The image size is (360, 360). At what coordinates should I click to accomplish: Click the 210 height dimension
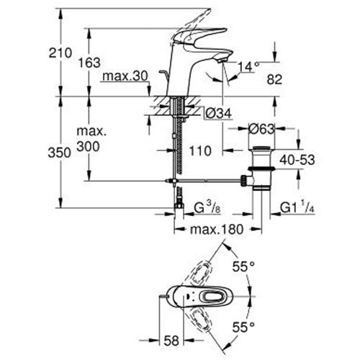point(60,53)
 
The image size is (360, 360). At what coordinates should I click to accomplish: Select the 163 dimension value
point(89,63)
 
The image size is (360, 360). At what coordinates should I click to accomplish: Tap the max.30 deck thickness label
point(125,76)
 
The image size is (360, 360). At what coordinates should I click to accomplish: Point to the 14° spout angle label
point(248,66)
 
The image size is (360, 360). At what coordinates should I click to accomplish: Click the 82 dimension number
point(274,79)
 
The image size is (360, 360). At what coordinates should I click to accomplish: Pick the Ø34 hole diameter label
point(219,113)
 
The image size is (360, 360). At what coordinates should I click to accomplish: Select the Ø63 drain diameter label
point(261,129)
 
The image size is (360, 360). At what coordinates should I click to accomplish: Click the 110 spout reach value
point(200,151)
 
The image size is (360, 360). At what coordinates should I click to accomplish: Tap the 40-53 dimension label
point(297,160)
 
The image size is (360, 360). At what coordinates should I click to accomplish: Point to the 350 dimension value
point(59,153)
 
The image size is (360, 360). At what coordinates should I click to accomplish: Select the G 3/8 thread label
point(207,208)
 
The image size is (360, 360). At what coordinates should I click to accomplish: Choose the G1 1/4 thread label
point(297,207)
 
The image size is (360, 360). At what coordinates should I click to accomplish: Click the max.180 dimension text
point(217,230)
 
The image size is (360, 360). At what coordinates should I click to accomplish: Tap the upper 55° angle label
point(243,266)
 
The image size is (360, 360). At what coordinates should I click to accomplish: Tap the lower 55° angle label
point(243,327)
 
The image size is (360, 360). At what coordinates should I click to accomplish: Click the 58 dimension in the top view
point(171,341)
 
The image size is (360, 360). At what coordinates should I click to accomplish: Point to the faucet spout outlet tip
point(222,61)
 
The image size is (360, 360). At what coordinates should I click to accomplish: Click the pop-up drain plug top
point(261,148)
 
